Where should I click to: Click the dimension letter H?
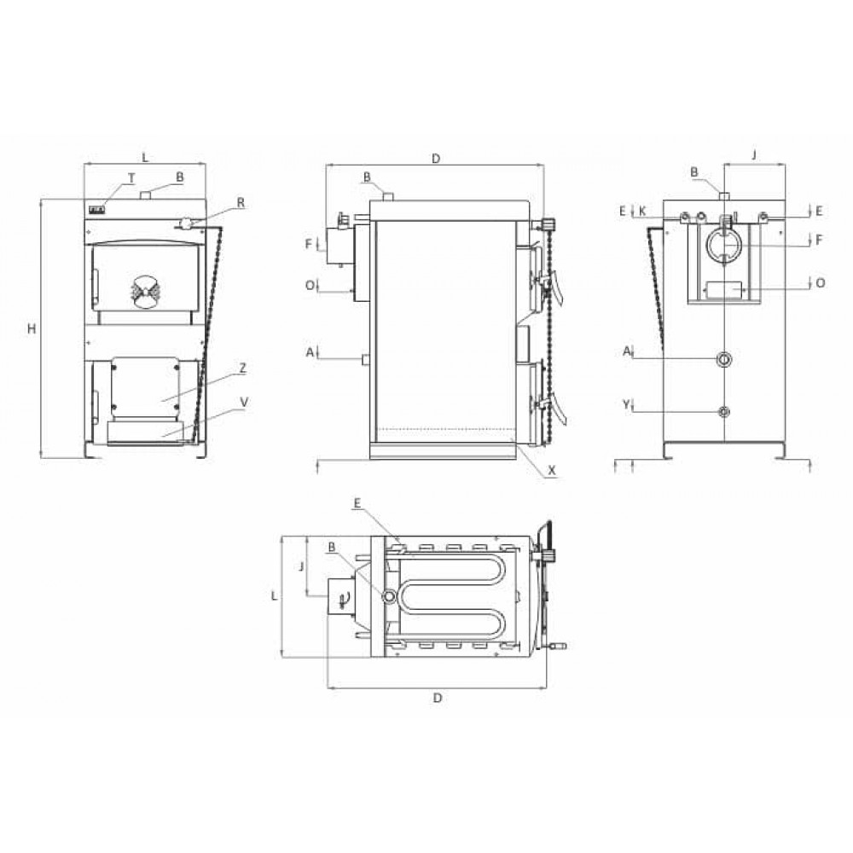pyautogui.click(x=32, y=328)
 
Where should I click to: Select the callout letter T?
pyautogui.click(x=131, y=177)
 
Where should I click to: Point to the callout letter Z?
pyautogui.click(x=243, y=368)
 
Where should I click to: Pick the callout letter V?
pyautogui.click(x=244, y=400)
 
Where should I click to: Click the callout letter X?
pyautogui.click(x=552, y=469)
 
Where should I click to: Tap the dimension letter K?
pyautogui.click(x=642, y=209)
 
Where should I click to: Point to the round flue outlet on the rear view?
pyautogui.click(x=723, y=246)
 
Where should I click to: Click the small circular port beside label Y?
pyautogui.click(x=724, y=412)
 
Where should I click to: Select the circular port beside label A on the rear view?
pyautogui.click(x=724, y=359)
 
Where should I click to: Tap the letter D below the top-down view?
pyautogui.click(x=437, y=698)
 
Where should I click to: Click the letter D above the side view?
pyautogui.click(x=435, y=158)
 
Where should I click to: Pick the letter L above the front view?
pyautogui.click(x=145, y=158)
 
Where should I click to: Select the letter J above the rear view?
pyautogui.click(x=754, y=154)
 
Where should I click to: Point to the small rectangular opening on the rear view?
pyautogui.click(x=723, y=290)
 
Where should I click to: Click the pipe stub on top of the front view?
pyautogui.click(x=146, y=196)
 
